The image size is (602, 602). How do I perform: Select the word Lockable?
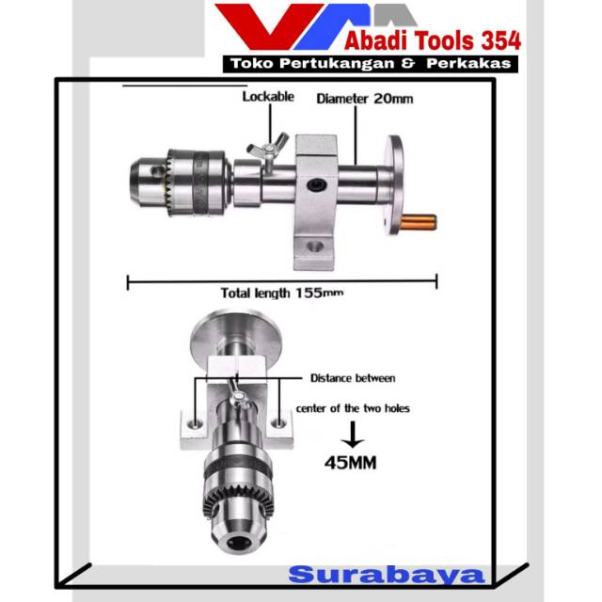click(268, 96)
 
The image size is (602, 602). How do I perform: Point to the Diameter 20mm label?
click(364, 97)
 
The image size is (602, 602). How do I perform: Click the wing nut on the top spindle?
click(261, 150)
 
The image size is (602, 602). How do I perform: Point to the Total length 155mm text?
click(281, 293)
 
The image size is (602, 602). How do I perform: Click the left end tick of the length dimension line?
click(127, 279)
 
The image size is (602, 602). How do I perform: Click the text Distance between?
click(353, 378)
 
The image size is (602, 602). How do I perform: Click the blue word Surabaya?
click(386, 574)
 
